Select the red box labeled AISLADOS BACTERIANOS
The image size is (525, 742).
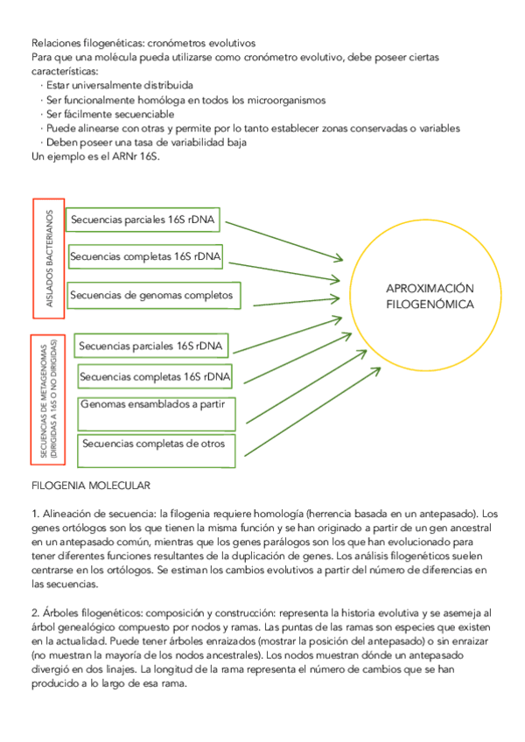coord(49,259)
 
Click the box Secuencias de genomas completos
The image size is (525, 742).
coord(152,296)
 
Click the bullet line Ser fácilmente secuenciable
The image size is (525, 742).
coord(109,114)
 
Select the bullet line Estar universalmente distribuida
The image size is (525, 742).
coord(119,86)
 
